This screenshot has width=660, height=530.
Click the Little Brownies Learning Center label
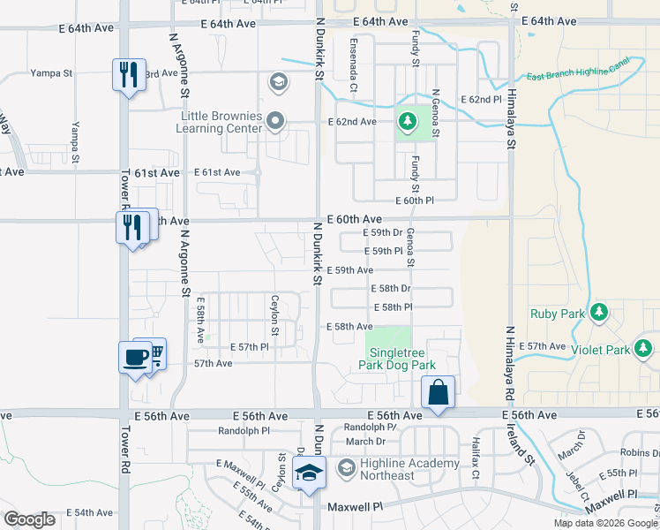221,122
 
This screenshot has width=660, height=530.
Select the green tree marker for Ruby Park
600,312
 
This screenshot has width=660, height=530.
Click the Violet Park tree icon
648,344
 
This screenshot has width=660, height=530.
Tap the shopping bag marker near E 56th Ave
438,393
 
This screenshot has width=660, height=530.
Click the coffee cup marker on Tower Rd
135,359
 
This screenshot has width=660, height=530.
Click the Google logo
29,519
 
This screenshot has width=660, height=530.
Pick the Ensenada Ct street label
352,69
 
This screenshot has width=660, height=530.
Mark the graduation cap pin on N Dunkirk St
310,474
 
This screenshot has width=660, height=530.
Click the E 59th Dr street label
382,232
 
